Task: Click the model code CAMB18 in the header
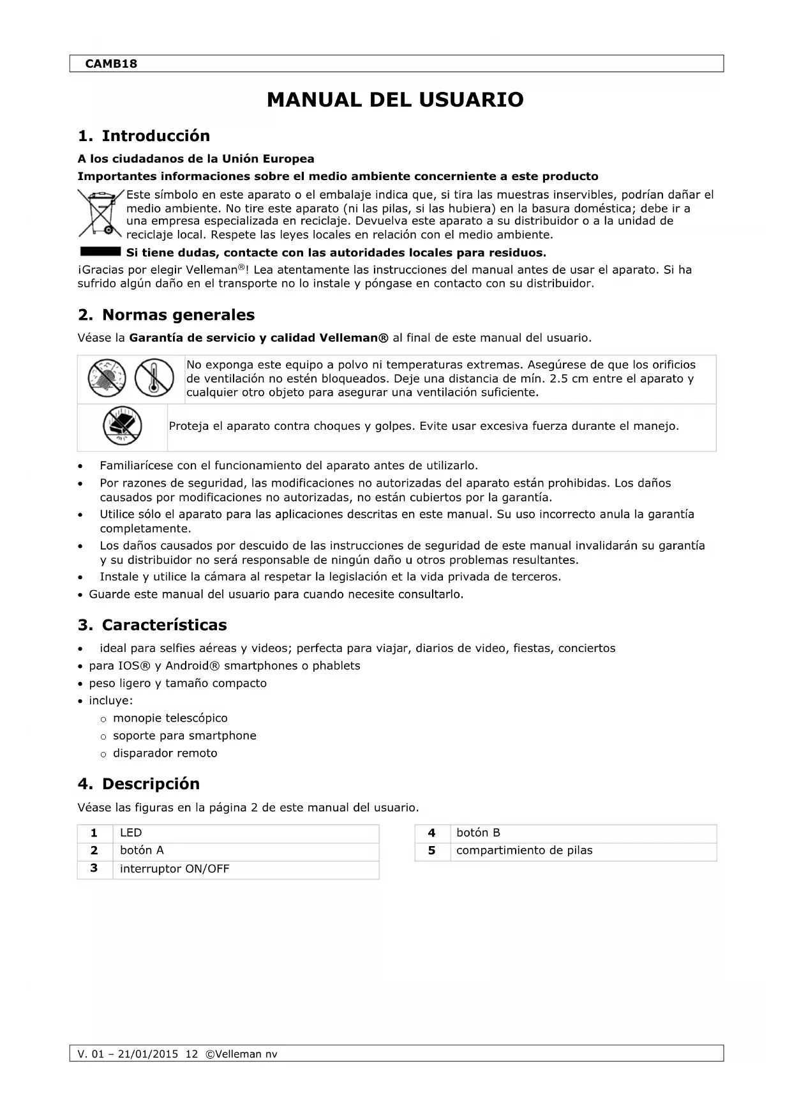coord(111,64)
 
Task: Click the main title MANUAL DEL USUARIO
coord(395,100)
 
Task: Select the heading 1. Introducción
coord(144,136)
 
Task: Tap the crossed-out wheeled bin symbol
coord(100,213)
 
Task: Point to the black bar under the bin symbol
coord(100,251)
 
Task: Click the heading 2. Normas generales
coord(166,315)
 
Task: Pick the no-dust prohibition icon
coord(107,377)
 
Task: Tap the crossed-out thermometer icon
coord(154,377)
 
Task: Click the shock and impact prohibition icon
coord(122,426)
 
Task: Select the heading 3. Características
coord(152,625)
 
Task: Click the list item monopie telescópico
coord(170,718)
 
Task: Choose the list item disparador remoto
coord(165,753)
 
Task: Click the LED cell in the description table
coord(131,833)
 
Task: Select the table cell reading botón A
coord(142,851)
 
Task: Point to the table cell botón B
coord(478,833)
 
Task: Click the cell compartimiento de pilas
coord(524,851)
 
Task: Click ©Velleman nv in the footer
coord(241,1054)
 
